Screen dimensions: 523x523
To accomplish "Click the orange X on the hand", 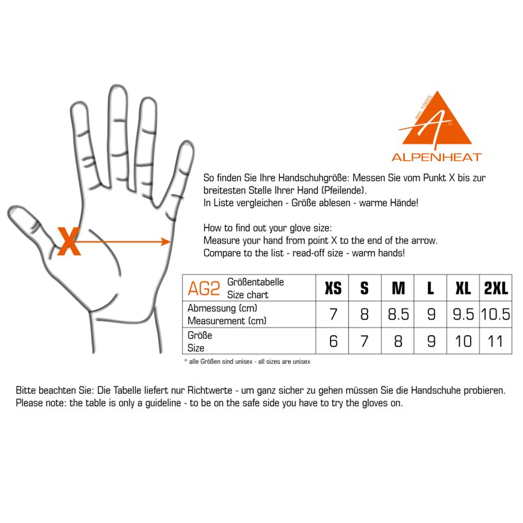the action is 69,241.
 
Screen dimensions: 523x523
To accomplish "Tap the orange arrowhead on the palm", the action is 166,241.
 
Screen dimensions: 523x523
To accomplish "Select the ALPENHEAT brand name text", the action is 437,157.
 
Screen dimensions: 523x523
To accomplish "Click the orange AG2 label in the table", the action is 204,289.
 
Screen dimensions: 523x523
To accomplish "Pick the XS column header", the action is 333,288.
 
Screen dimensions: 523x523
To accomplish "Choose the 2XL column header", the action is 496,288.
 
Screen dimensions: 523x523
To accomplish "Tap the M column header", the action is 398,288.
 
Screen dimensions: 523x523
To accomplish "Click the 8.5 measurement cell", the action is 398,314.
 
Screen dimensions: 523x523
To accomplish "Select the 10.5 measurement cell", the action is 495,314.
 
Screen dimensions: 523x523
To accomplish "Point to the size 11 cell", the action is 495,341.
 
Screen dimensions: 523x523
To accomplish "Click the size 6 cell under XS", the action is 333,341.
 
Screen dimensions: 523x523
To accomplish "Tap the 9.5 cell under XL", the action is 463,314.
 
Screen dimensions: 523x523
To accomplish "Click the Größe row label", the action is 200,335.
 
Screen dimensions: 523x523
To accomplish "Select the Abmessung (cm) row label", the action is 222,308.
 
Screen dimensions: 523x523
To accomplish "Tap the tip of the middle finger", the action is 118,87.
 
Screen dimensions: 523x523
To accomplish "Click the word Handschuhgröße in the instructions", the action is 313,178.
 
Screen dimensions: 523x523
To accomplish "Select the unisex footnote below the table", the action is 247,362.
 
